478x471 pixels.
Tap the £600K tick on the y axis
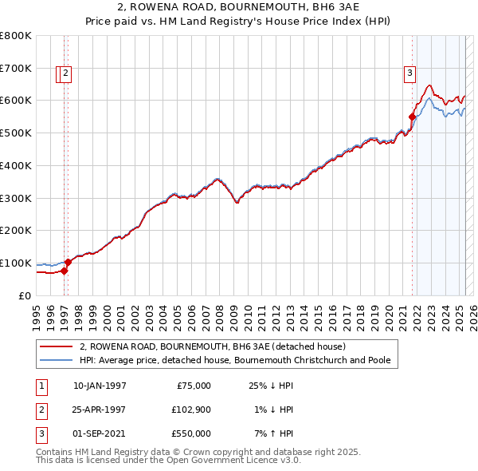point(16,101)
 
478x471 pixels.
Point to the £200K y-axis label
point(16,230)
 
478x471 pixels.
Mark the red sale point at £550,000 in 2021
point(412,117)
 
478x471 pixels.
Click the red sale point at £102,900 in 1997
point(69,262)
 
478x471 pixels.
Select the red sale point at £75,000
point(65,271)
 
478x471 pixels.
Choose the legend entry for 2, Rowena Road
point(212,346)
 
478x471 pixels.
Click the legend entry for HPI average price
point(234,360)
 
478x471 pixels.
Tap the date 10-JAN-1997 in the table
point(100,386)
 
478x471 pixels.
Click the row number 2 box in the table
point(39,410)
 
